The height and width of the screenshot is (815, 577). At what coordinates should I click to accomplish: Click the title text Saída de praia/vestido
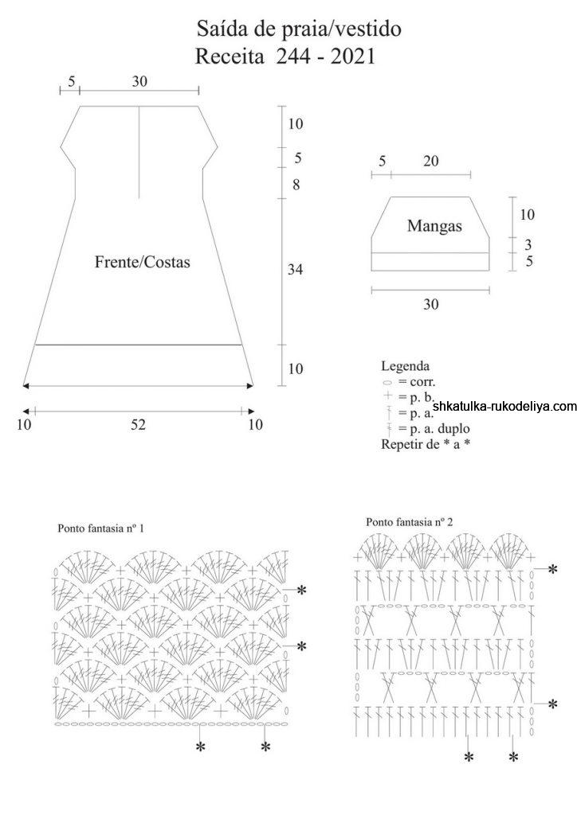point(298,30)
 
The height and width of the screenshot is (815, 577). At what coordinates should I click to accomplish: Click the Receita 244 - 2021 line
point(285,57)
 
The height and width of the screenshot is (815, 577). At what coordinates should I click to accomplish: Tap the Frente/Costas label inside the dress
point(143,262)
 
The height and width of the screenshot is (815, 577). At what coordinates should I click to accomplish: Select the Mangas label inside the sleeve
point(434,225)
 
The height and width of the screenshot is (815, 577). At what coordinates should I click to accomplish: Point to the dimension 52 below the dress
point(139,425)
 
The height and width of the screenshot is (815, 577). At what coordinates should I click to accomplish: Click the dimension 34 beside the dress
point(296,271)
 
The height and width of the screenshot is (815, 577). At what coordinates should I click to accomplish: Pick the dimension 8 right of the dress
point(296,185)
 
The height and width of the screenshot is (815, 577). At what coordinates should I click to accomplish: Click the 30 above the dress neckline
point(139,81)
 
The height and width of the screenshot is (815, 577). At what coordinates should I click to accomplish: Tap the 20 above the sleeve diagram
point(430,162)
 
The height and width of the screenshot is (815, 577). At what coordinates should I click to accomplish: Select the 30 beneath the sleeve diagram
point(430,304)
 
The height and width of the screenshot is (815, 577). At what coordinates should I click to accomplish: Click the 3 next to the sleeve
point(528,244)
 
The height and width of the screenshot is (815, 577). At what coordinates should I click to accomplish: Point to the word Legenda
point(406,367)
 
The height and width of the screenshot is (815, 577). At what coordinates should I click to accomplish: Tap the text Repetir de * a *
point(426,444)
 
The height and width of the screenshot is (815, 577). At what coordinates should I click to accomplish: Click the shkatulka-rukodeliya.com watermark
point(504,407)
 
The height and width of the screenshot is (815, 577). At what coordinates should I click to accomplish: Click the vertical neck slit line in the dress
point(139,151)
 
